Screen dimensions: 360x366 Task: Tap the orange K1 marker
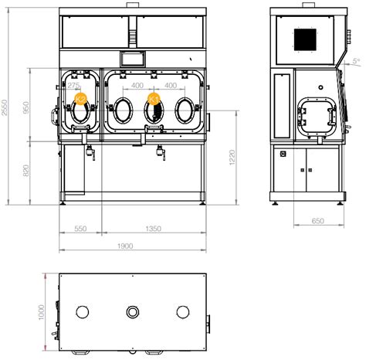click(154, 99)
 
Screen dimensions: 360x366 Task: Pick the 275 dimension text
click(76, 86)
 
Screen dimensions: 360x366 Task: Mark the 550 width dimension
click(80, 229)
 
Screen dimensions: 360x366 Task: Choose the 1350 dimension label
click(153, 229)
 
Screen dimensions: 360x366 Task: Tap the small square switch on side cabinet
click(283, 154)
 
